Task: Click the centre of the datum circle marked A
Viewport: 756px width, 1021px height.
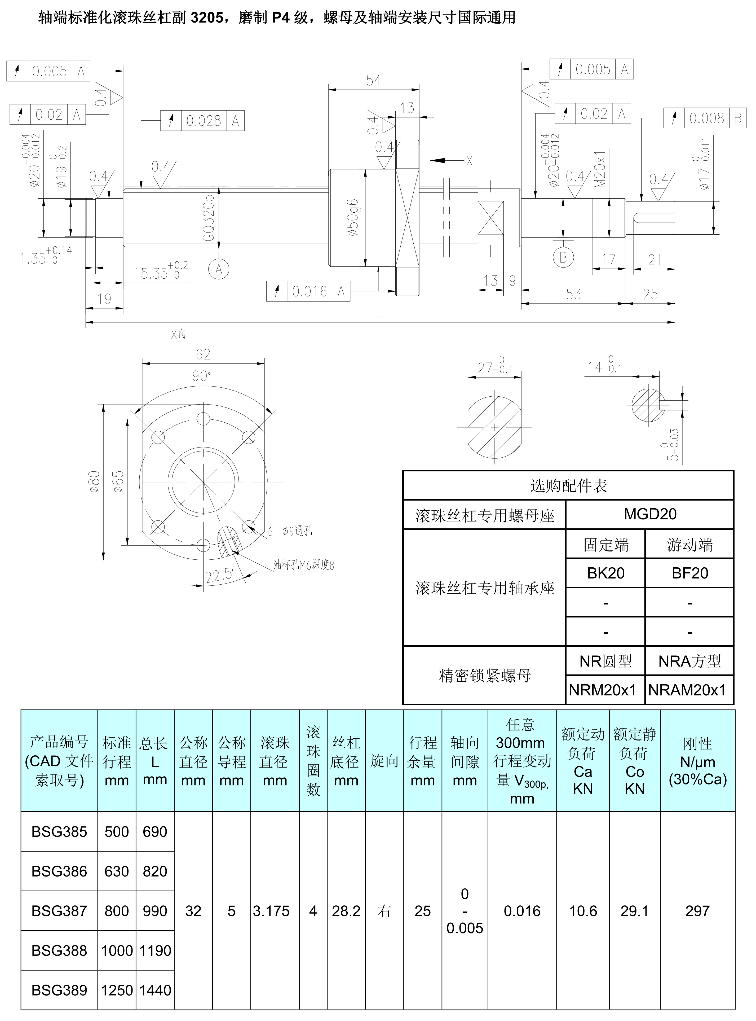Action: point(219,269)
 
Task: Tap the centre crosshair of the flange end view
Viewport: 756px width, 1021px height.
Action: point(203,482)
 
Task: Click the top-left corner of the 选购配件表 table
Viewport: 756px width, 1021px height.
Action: point(403,471)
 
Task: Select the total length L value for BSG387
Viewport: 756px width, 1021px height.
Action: point(155,911)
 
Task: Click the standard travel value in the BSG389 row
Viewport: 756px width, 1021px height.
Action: point(117,990)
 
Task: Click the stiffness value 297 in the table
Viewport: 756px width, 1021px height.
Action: point(697,911)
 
